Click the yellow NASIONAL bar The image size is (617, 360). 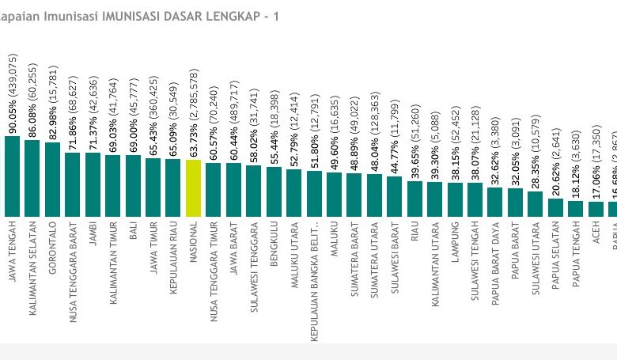coord(194,188)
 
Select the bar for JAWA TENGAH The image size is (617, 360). coord(13,176)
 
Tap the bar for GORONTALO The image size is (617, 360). coord(53,180)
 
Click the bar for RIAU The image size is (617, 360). coord(414,199)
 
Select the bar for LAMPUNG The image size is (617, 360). coord(455,199)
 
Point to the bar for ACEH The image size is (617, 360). coord(595,209)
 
